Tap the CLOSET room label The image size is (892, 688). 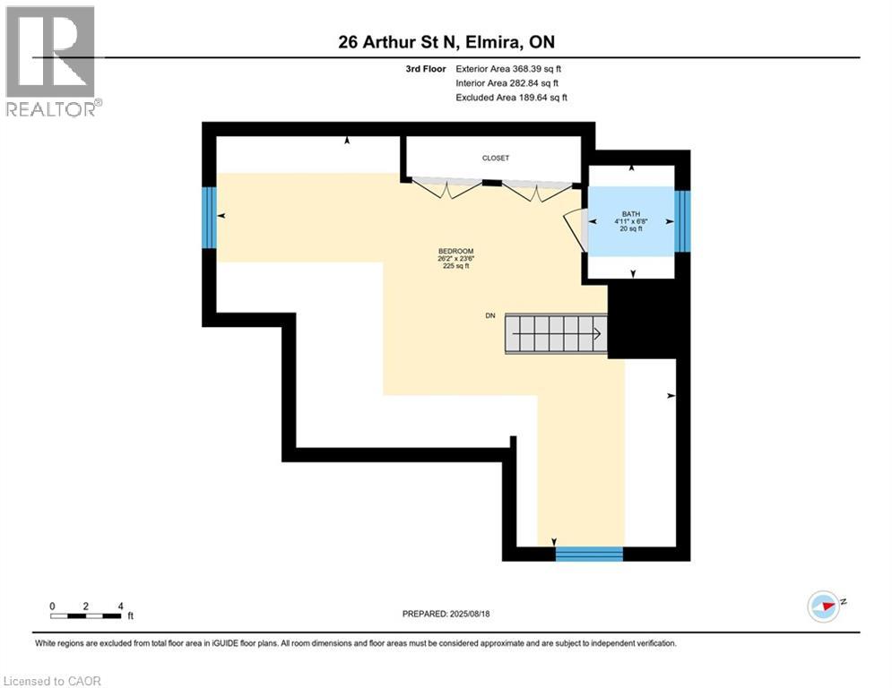495,158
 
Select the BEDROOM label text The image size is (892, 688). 455,251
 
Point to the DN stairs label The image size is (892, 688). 489,316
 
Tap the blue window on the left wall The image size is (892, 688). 209,217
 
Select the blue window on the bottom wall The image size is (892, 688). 589,553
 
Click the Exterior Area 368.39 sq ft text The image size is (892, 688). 509,68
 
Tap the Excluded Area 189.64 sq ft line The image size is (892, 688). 511,97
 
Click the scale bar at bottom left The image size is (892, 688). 86,615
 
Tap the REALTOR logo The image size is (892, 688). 51,61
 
